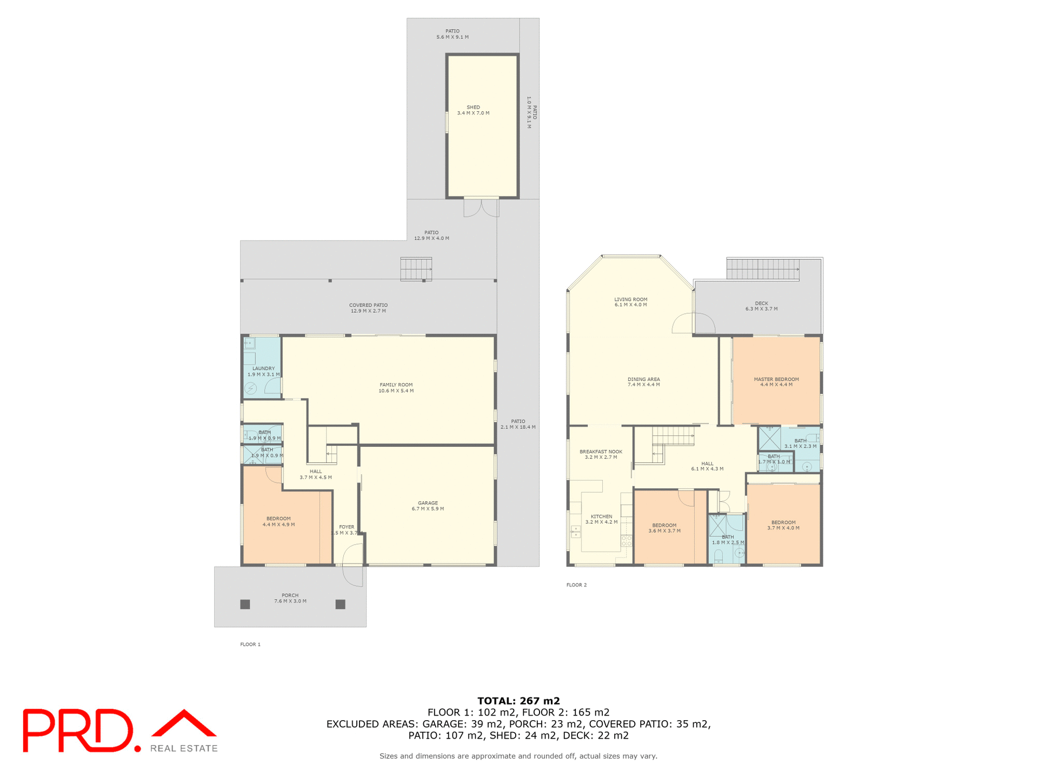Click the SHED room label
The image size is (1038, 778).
click(x=473, y=110)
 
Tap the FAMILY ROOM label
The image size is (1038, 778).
click(x=396, y=387)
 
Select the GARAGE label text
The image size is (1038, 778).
click(x=428, y=506)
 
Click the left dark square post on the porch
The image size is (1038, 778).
click(x=245, y=604)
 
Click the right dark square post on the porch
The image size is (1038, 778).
click(x=340, y=604)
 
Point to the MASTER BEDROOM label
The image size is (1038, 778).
click(x=776, y=381)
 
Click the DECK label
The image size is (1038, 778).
click(x=761, y=306)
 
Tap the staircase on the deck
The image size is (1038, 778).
click(x=762, y=269)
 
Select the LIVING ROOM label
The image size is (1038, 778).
click(x=630, y=301)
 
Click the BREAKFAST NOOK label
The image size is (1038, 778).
click(x=601, y=454)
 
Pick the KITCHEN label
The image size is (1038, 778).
click(x=601, y=519)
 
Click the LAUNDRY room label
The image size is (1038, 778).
click(x=263, y=371)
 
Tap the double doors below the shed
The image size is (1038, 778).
click(x=481, y=208)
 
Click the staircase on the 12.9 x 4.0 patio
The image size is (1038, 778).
click(x=416, y=269)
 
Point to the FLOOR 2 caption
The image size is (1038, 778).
click(x=576, y=585)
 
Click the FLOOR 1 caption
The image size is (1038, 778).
click(x=250, y=644)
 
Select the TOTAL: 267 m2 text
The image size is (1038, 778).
click(x=518, y=701)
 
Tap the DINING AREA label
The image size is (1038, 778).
click(x=643, y=381)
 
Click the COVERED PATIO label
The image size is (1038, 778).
click(x=368, y=307)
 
